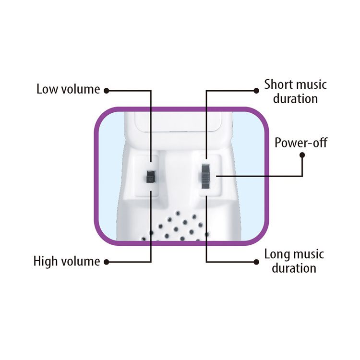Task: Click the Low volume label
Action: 68,89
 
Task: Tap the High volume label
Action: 67,262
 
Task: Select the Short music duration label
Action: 295,92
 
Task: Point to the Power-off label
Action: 301,143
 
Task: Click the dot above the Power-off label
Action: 302,155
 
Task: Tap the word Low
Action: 47,89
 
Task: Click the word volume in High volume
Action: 81,262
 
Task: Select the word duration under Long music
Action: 294,268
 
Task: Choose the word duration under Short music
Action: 295,99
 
